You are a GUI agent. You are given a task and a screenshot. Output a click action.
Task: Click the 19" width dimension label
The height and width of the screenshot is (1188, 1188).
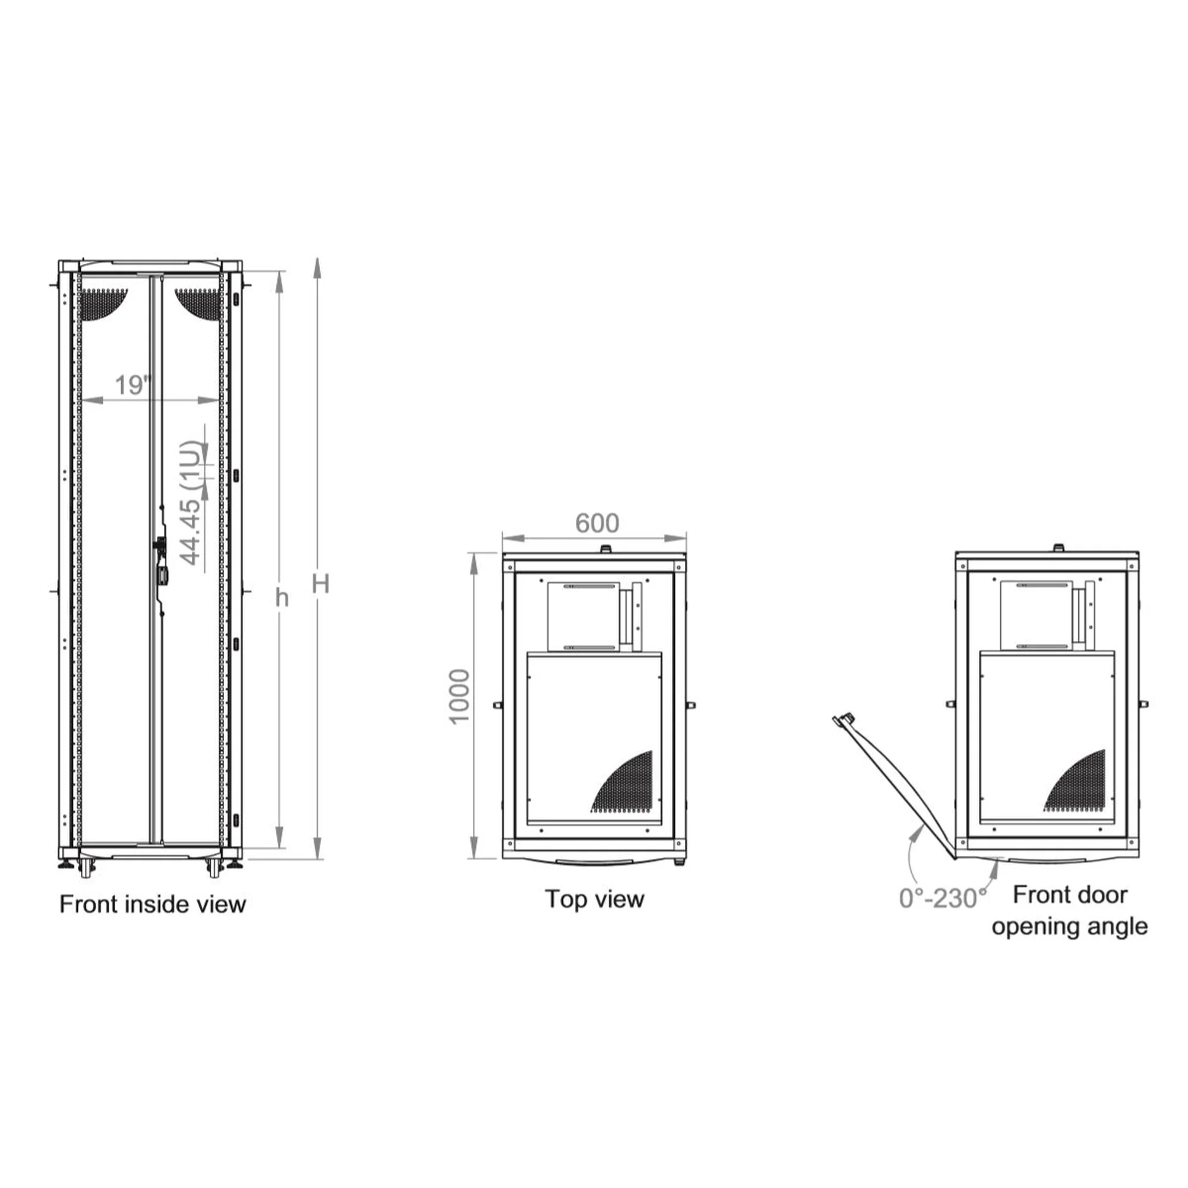click(133, 386)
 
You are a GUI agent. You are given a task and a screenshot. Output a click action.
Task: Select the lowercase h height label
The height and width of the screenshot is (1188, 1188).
click(282, 597)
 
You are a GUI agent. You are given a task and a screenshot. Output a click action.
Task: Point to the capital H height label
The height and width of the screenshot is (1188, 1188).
click(320, 583)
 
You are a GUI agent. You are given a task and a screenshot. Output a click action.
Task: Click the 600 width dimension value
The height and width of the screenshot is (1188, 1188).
click(597, 523)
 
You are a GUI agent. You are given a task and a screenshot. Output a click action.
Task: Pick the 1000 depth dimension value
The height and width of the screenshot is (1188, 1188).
click(459, 697)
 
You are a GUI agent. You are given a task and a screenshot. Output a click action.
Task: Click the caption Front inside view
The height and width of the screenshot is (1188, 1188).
click(153, 905)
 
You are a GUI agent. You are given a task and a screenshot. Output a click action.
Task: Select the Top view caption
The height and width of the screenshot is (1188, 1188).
click(595, 899)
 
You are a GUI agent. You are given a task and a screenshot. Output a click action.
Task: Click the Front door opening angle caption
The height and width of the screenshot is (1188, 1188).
click(1069, 910)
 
